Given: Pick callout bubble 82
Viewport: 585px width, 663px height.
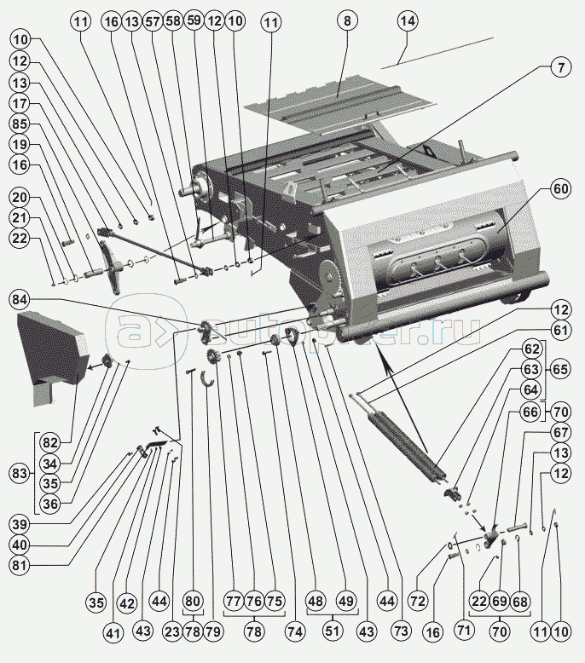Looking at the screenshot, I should click(x=51, y=442).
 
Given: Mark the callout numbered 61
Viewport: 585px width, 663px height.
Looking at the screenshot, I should click(x=559, y=330).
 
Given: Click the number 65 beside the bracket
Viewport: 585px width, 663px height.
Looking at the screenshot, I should click(x=559, y=372).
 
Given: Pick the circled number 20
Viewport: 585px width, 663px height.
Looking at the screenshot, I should click(x=19, y=197).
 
